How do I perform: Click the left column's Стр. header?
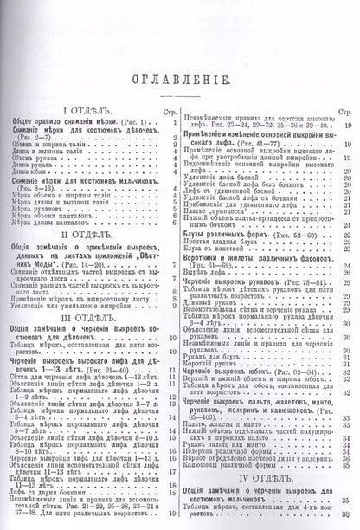click(167, 110)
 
